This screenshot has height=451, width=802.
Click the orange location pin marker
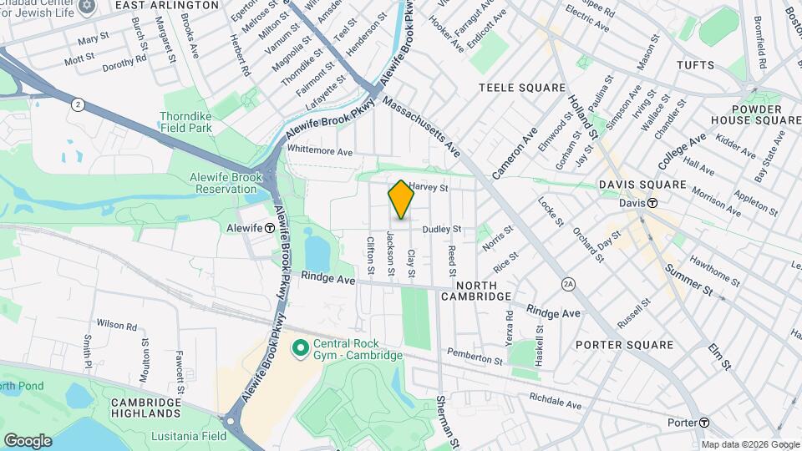pyautogui.click(x=401, y=200)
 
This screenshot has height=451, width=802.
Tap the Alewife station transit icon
pyautogui.click(x=271, y=227)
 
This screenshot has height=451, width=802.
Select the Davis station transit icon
pyautogui.click(x=652, y=203)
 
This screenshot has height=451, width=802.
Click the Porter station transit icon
pyautogui.click(x=705, y=423)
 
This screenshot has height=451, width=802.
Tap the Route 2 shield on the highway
pyautogui.click(x=77, y=104)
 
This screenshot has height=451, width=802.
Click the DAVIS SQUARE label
pyautogui.click(x=642, y=184)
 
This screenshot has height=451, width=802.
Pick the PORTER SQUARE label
pyautogui.click(x=624, y=345)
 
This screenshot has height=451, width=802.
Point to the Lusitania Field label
pyautogui.click(x=189, y=436)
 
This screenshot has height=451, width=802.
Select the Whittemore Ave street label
pyautogui.click(x=320, y=151)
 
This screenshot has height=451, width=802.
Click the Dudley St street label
pyautogui.click(x=442, y=228)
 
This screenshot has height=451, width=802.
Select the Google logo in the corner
pyautogui.click(x=28, y=440)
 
